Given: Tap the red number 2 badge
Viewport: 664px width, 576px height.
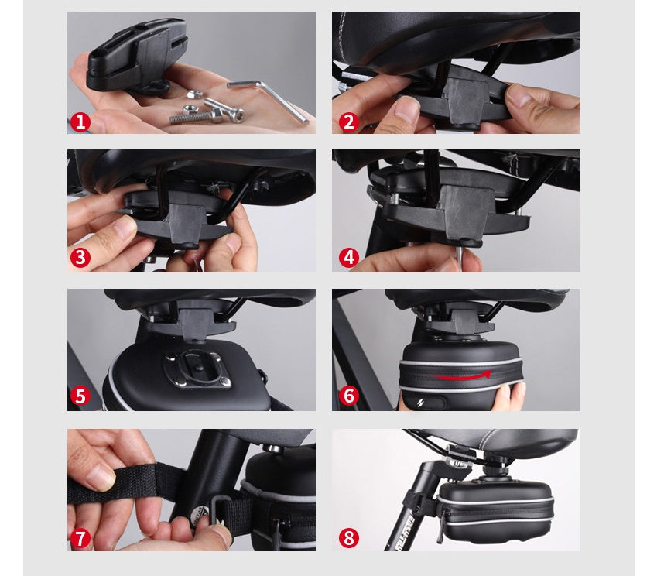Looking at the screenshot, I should point(348,122).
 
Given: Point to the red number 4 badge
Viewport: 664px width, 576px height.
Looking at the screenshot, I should point(348,258).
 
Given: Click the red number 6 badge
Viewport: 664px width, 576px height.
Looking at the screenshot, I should point(348,396).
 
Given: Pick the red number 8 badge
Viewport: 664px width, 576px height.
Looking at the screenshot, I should point(348,537).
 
